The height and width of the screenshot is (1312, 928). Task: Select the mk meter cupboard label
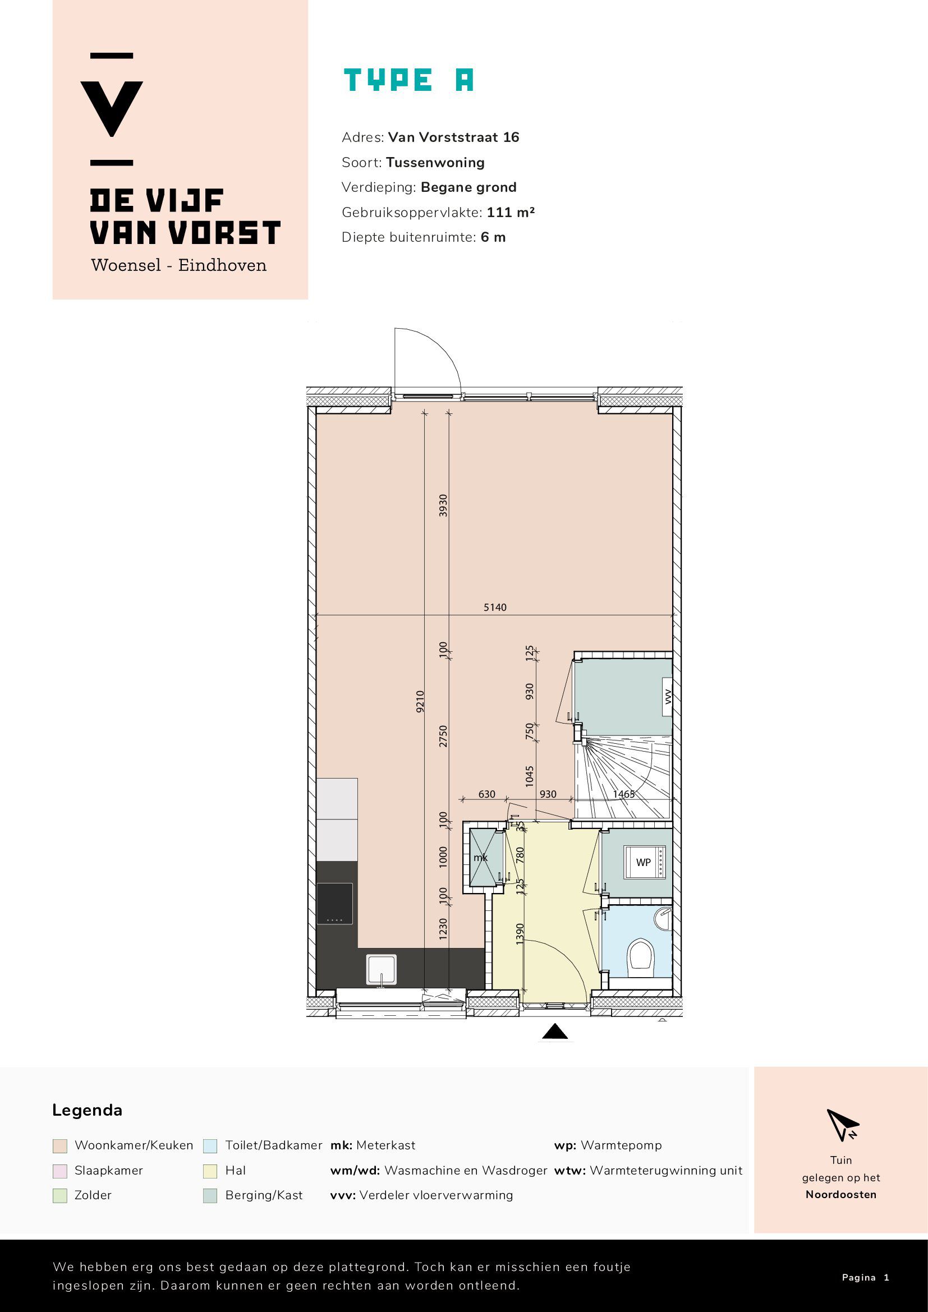[481, 858]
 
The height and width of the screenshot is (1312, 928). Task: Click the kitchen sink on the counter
[382, 970]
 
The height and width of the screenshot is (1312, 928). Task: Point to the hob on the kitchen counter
[334, 904]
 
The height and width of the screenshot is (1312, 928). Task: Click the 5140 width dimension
[495, 607]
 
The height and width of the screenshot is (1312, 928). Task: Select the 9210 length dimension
[420, 701]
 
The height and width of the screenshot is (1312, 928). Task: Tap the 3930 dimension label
[443, 506]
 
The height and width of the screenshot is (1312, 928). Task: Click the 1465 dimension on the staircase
[623, 794]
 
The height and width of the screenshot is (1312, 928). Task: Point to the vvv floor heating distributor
[668, 697]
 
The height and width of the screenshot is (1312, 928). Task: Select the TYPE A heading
[408, 80]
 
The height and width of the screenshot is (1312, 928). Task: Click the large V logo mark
[112, 109]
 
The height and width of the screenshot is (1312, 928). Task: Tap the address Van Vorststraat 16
[454, 137]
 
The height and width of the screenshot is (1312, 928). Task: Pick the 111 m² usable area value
[511, 212]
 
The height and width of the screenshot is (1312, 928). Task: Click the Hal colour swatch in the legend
[210, 1171]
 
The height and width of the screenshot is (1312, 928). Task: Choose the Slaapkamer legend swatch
[59, 1171]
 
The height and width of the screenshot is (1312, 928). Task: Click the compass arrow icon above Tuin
[842, 1125]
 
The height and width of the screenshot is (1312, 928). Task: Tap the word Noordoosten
[840, 1194]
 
